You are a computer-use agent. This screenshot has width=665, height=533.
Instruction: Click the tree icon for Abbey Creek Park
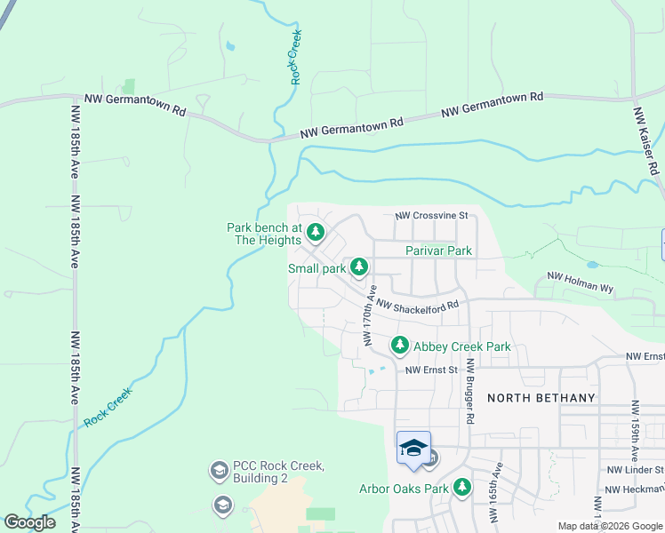(x=400, y=345)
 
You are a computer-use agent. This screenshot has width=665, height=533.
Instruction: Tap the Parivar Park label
(x=438, y=251)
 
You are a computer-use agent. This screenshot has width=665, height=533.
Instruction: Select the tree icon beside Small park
(x=358, y=266)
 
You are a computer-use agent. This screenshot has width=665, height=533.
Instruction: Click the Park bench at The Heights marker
(x=315, y=234)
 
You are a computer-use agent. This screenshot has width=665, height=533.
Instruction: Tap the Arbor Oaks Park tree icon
(x=461, y=487)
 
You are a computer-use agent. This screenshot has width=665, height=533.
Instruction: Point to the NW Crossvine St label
(x=430, y=216)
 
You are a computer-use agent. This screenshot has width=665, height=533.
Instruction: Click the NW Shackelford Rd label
(x=417, y=306)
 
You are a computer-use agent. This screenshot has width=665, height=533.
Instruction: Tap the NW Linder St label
(x=635, y=469)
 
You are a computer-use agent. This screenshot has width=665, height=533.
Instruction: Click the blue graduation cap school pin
(x=413, y=449)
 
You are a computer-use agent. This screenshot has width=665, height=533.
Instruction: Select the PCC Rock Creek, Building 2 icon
(x=218, y=469)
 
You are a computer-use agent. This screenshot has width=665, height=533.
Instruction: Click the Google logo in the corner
(x=29, y=522)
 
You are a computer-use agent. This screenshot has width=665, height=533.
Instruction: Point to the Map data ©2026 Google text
(x=609, y=525)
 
